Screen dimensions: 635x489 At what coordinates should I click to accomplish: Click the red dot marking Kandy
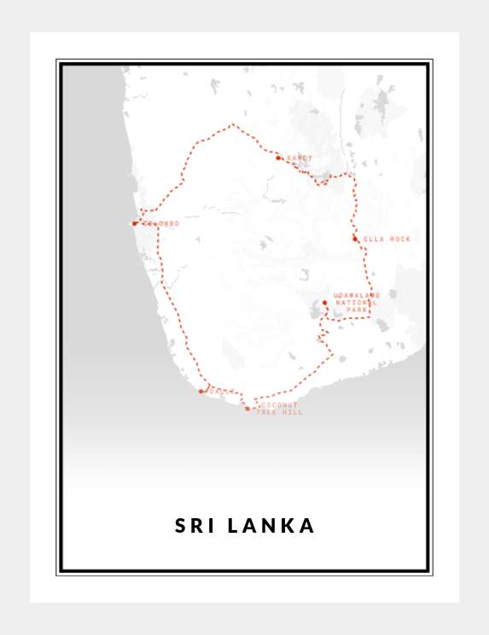279,158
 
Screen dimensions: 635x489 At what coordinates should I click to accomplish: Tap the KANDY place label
300,158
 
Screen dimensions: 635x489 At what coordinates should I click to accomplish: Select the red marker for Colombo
135,223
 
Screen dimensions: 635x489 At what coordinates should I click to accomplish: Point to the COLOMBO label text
161,223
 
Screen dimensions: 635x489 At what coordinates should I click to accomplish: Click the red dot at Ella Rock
355,239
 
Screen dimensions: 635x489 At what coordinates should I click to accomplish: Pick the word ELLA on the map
375,240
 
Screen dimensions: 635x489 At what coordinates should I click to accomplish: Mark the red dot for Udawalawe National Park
325,303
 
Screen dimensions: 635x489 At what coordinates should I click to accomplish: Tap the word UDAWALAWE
357,296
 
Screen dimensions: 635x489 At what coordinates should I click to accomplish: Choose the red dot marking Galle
201,392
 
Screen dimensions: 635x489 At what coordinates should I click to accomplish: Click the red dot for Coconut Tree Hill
247,409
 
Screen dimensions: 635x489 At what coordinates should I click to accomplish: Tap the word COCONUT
280,405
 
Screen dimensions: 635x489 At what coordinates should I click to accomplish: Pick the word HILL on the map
293,413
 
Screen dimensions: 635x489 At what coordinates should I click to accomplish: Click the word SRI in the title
195,526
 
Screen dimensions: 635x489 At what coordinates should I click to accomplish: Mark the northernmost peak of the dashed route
232,124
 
